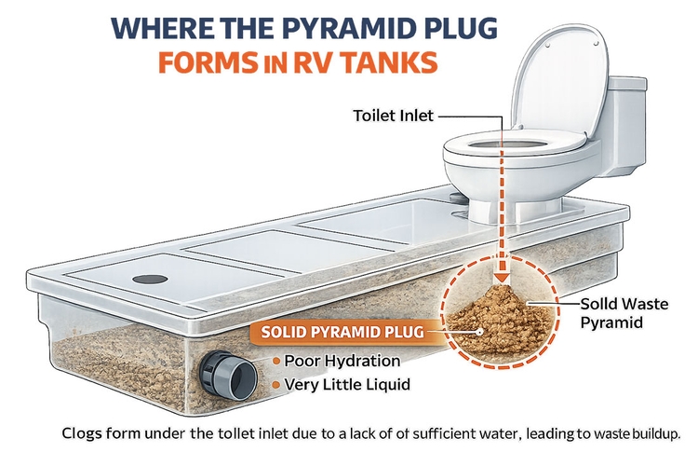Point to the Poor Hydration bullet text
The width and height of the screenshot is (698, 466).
pyautogui.click(x=342, y=361)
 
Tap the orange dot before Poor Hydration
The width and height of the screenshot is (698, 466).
pyautogui.click(x=276, y=361)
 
